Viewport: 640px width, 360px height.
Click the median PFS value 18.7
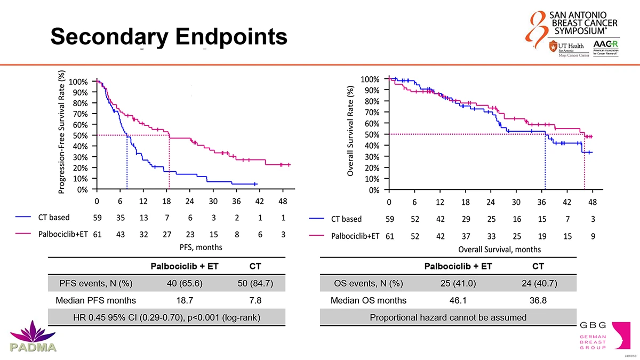[184, 300]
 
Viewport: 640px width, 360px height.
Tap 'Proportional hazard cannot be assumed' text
[448, 318]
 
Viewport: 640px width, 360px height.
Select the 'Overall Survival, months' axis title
[499, 249]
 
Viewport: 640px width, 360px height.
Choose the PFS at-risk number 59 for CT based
[97, 218]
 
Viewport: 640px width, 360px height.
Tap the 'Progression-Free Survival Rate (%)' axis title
[62, 133]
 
